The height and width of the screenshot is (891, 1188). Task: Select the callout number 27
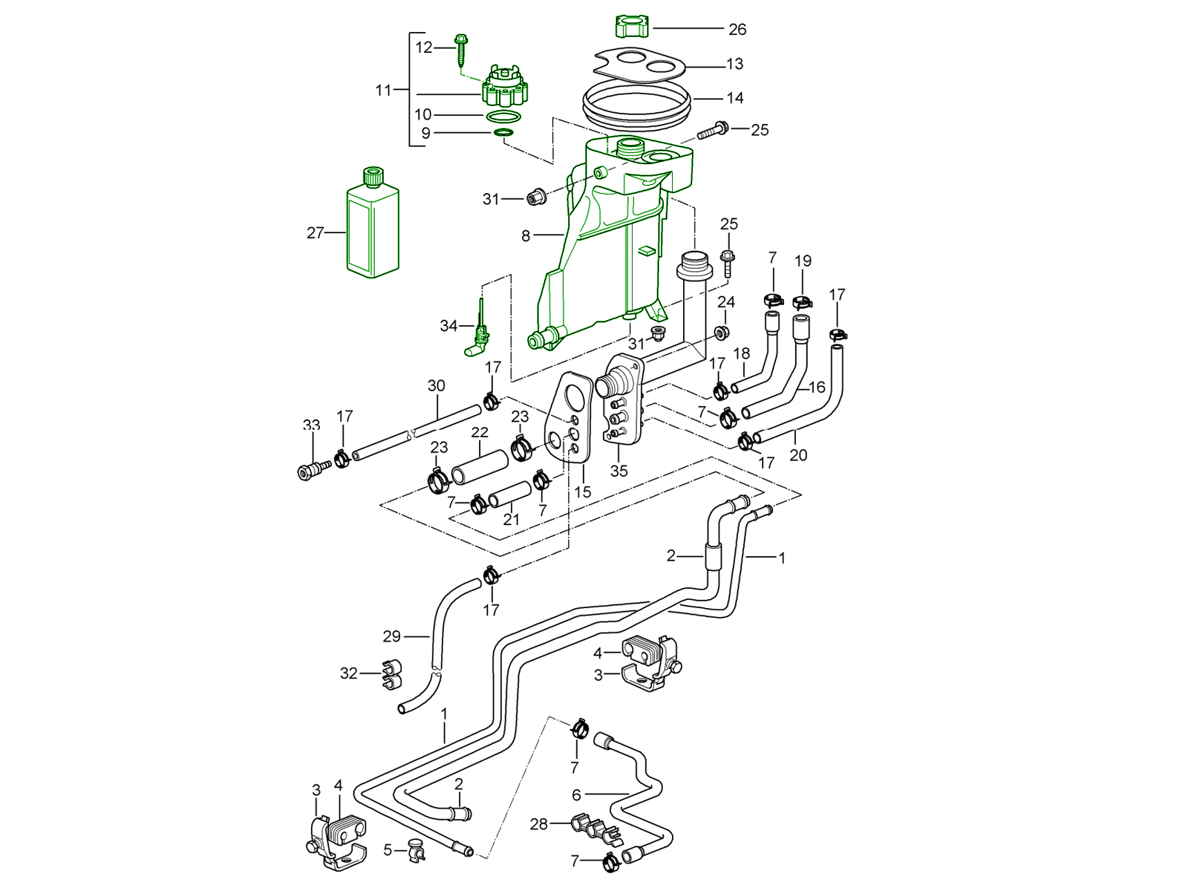(x=316, y=233)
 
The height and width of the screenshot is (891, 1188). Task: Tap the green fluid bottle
(x=373, y=226)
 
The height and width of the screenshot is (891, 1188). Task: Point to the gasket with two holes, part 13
(x=642, y=65)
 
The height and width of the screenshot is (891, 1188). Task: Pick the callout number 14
(x=735, y=98)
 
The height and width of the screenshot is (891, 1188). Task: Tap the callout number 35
(x=619, y=471)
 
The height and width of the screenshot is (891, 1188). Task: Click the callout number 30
(x=436, y=386)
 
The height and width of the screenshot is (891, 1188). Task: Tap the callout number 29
(x=391, y=636)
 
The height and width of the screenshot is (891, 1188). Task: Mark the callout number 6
(x=576, y=794)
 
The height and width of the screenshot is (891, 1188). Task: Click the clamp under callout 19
(x=802, y=301)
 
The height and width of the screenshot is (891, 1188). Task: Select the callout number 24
(x=725, y=302)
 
